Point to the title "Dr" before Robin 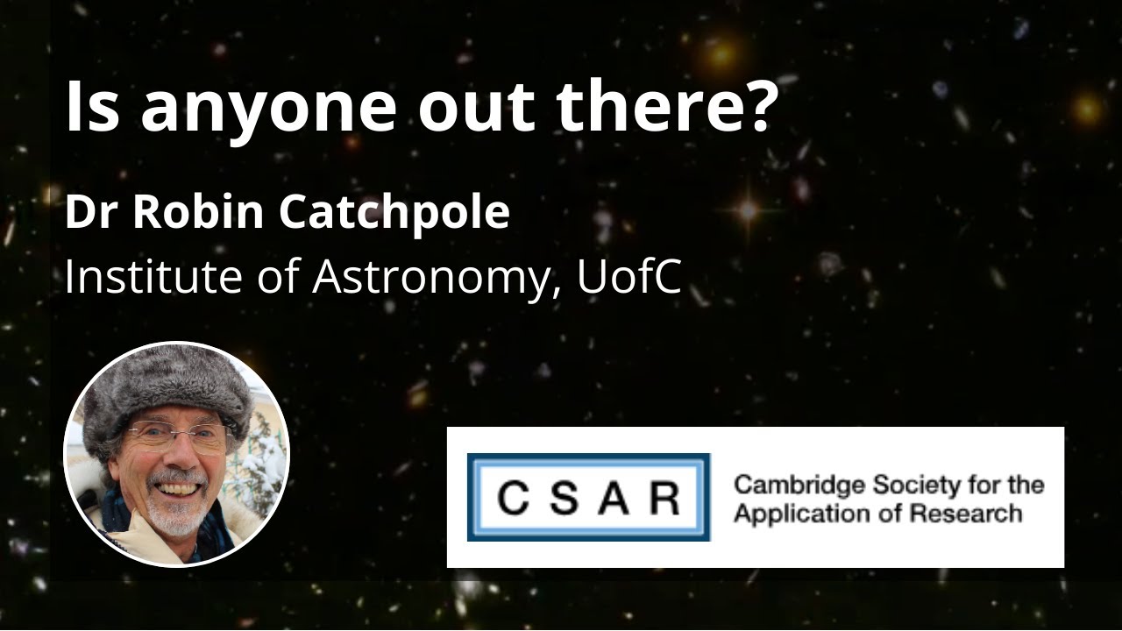[x=84, y=213]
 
